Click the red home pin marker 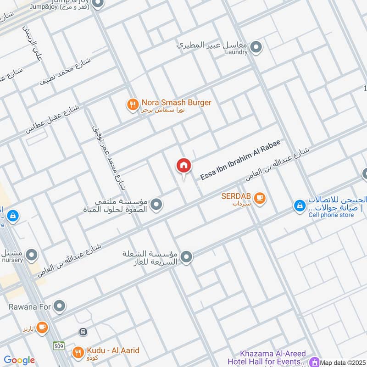pos(183,166)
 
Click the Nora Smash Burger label pos(176,103)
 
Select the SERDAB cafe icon pos(260,198)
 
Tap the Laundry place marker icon pos(256,47)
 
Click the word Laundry pos(237,52)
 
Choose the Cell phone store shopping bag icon pos(299,206)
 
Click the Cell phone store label pos(331,215)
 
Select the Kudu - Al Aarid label pos(112,351)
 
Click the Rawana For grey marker pos(59,305)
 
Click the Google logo pos(19,361)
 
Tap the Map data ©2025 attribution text pos(343,363)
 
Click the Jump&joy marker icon pos(97,4)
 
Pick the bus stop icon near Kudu pos(83,332)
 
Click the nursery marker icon pos(32,254)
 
